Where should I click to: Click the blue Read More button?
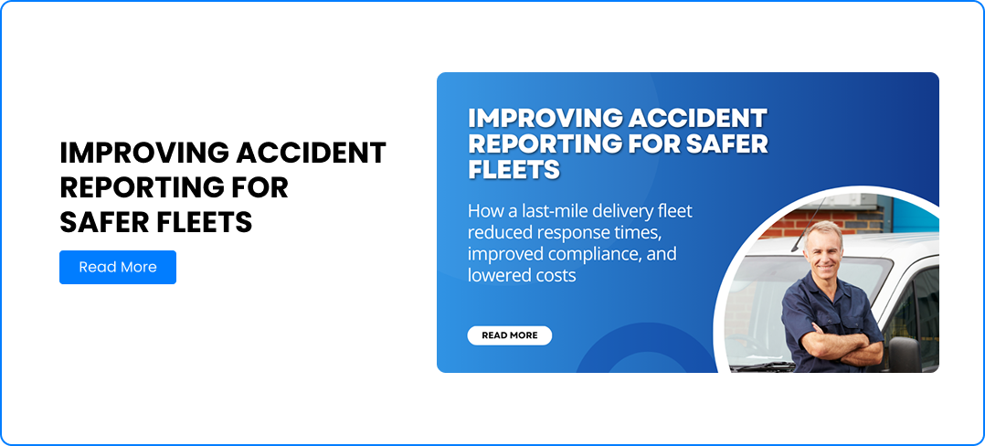(x=117, y=267)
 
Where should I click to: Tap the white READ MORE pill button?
(x=509, y=335)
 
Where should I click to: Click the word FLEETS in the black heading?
(x=207, y=222)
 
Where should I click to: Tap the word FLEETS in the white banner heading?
(x=514, y=169)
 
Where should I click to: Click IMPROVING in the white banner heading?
(x=544, y=118)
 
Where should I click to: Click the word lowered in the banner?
(x=495, y=274)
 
